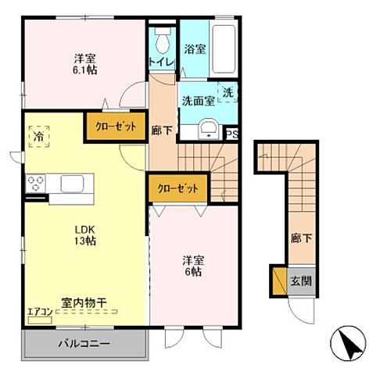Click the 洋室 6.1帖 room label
point(85,64)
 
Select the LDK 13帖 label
point(84,234)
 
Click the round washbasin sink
point(208,129)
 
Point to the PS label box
point(231,134)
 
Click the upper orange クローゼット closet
point(116,126)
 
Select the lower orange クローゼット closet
point(177,188)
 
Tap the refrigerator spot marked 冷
point(38,136)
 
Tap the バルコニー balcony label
point(82,344)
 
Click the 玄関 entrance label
point(301,281)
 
